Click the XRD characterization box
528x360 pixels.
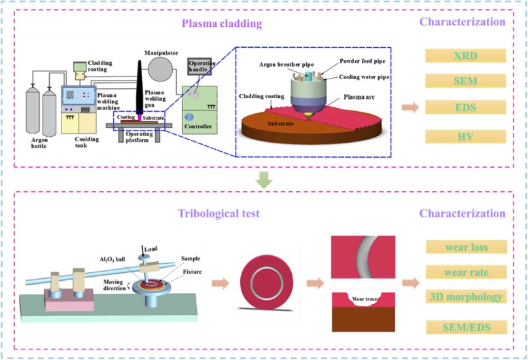[x=466, y=56]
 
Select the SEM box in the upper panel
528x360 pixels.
[x=466, y=82]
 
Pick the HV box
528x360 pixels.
[x=466, y=135]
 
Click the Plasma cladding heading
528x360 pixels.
[x=222, y=24]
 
